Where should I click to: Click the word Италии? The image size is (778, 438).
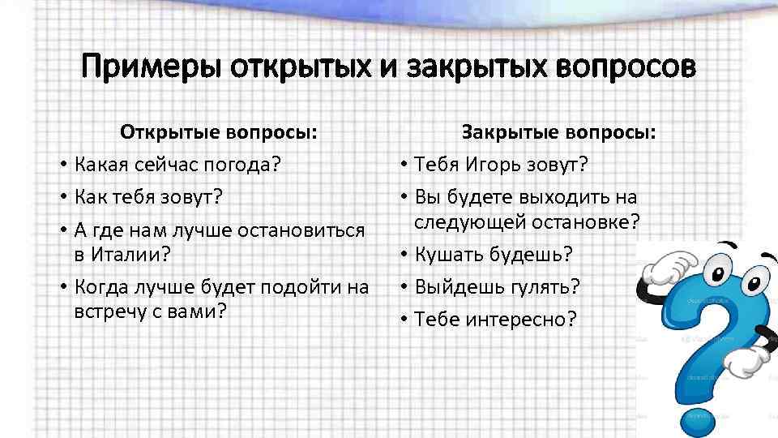click(x=125, y=254)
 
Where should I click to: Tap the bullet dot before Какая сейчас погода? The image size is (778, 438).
click(x=62, y=165)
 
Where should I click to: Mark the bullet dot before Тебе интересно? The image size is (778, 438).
click(x=403, y=320)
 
